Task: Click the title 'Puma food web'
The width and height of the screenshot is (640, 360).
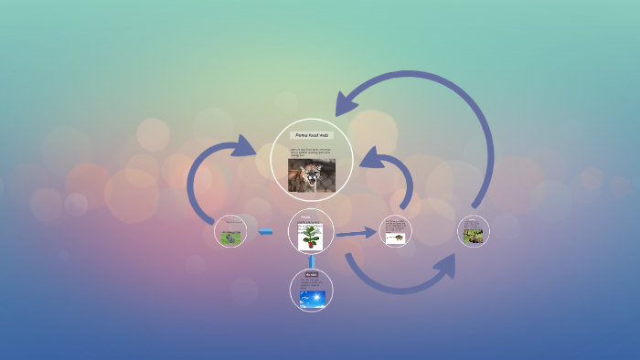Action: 313,135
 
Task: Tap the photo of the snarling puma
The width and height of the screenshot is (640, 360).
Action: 311,175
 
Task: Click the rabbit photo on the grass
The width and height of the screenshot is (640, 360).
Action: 232,237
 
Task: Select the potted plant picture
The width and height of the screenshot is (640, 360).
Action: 312,238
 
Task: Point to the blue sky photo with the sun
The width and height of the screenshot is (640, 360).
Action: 311,299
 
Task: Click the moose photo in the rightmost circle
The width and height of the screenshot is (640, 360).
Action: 474,235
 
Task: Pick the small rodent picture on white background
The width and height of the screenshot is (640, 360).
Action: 395,238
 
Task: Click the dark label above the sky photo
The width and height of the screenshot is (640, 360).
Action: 311,274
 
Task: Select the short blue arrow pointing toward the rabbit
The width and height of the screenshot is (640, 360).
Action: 265,232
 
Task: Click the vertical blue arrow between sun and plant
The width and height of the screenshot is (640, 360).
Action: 312,261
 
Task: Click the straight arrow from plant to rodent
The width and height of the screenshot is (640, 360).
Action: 356,234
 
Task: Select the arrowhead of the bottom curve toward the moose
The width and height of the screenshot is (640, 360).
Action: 445,265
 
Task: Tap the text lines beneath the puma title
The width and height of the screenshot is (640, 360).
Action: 311,151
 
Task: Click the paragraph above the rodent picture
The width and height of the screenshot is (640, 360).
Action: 394,225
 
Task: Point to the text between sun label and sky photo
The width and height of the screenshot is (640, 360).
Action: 311,285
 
